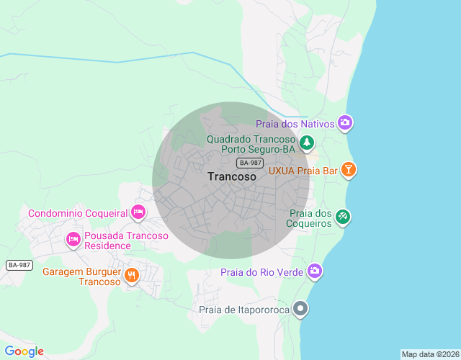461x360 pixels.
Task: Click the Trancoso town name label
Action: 231,176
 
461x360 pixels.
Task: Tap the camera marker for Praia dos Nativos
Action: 345,123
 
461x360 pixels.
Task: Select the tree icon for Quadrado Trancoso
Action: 308,143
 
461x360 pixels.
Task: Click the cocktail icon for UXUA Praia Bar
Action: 349,170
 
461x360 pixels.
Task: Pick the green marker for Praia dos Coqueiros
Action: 343,217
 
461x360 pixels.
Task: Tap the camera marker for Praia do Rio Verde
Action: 315,271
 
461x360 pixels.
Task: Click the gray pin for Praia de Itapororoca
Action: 301,310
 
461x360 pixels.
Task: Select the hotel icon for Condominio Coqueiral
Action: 138,212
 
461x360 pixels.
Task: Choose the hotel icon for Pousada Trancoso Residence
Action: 73,240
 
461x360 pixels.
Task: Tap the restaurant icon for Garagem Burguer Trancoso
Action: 131,274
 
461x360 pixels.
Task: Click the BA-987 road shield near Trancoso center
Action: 250,163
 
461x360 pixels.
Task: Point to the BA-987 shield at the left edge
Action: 19,265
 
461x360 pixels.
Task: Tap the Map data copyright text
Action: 430,354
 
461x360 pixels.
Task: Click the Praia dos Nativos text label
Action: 295,124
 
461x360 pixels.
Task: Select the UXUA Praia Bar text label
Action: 303,171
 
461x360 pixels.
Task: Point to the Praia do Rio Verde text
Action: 262,272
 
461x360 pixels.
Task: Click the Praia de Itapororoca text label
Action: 244,310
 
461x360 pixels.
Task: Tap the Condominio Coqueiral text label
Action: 78,213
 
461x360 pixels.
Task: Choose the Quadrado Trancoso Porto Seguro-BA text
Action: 251,144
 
